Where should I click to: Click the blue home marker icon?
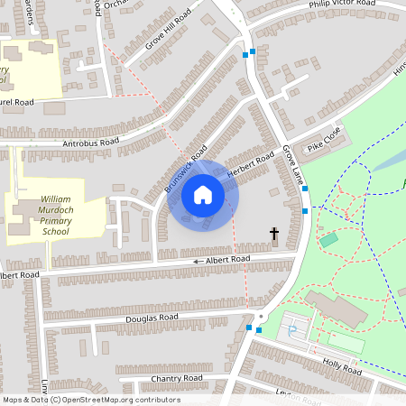tap(203, 195)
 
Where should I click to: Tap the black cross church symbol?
tap(274, 235)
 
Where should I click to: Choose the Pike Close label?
tap(324, 138)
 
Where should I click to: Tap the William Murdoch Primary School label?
tap(42, 215)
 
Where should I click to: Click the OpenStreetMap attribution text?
tap(90, 400)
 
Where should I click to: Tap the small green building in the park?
tap(328, 239)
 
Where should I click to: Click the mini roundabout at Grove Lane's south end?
tap(262, 317)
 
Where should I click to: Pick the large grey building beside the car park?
tap(336, 310)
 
